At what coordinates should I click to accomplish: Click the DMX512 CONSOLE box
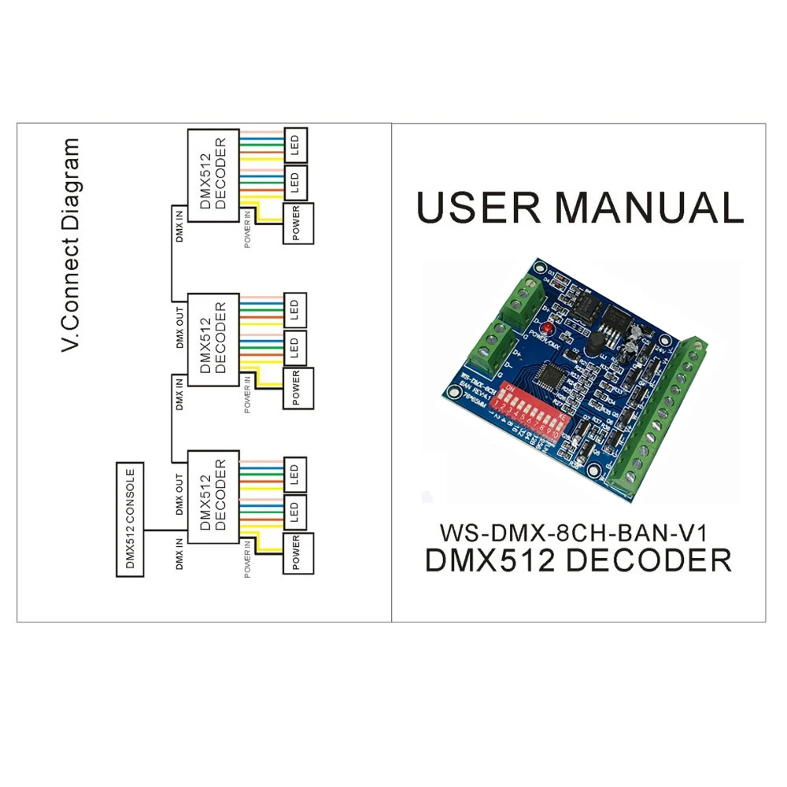click(x=130, y=520)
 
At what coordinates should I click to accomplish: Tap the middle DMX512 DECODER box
click(x=212, y=339)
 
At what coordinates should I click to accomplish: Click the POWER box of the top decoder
click(x=297, y=224)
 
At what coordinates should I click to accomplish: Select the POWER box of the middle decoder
click(x=297, y=387)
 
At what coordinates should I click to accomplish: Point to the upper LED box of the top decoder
click(x=296, y=144)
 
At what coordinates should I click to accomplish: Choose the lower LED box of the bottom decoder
click(x=296, y=512)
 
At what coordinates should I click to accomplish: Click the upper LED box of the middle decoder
click(x=296, y=308)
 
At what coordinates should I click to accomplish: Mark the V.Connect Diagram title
click(x=72, y=245)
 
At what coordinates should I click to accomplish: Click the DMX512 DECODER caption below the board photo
click(x=578, y=560)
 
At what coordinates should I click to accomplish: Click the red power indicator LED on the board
click(x=544, y=325)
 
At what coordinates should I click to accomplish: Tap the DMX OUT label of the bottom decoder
click(x=179, y=493)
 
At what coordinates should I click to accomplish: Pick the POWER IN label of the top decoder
click(x=248, y=229)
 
